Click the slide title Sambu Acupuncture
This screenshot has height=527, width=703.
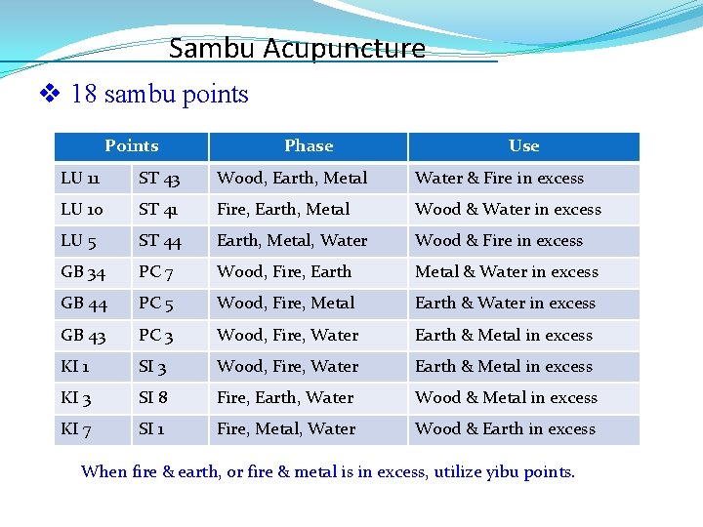(x=297, y=48)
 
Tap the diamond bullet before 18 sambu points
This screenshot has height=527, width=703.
(x=50, y=95)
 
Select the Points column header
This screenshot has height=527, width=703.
(x=131, y=146)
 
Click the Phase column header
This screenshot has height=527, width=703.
(x=309, y=146)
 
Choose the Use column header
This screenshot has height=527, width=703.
(x=523, y=146)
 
